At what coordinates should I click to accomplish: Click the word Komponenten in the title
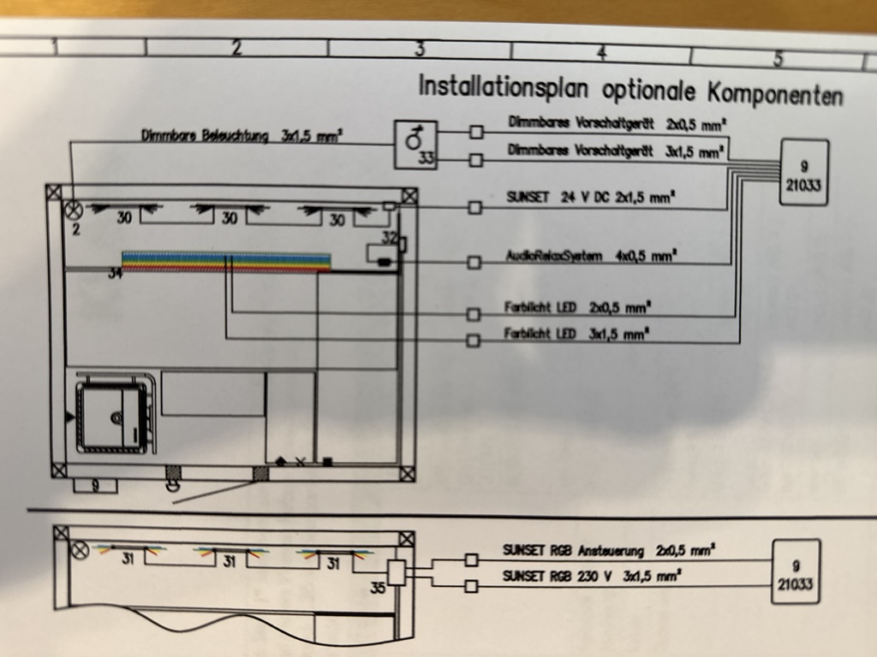click(775, 92)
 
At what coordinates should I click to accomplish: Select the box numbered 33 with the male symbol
click(415, 145)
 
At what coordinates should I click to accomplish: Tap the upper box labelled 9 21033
click(803, 172)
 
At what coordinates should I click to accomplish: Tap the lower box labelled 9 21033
click(796, 571)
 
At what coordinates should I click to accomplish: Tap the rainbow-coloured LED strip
click(226, 261)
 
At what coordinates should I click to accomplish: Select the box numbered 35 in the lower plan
click(396, 571)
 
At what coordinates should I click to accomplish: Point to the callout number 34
click(116, 275)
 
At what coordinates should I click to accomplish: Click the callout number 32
click(390, 237)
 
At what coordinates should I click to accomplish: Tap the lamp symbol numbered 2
click(74, 208)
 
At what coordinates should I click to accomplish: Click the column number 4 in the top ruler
click(602, 53)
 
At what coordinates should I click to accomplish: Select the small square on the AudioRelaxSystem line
click(474, 262)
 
